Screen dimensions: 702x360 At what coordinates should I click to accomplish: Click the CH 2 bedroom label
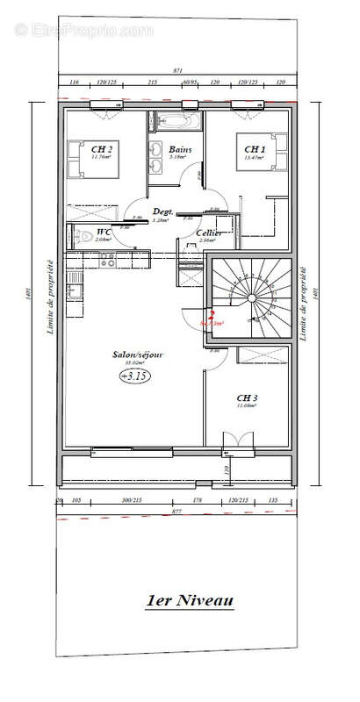pyautogui.click(x=101, y=149)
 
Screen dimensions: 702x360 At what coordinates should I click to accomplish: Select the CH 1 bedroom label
pyautogui.click(x=255, y=149)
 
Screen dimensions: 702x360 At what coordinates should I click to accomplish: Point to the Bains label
pyautogui.click(x=181, y=149)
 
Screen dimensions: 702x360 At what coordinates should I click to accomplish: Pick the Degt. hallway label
pyautogui.click(x=162, y=212)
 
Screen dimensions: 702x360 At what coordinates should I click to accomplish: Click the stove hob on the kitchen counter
pyautogui.click(x=109, y=260)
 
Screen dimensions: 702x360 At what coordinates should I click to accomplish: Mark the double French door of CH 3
pyautogui.click(x=237, y=441)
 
